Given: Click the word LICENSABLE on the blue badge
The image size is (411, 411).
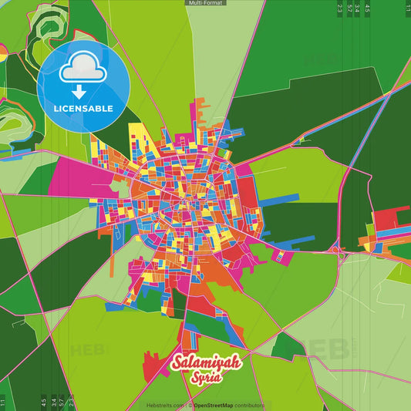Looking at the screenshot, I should click(x=83, y=109).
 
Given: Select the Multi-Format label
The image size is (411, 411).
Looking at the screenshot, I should click(x=205, y=3).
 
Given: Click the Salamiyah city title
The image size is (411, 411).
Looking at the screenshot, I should click(x=206, y=362).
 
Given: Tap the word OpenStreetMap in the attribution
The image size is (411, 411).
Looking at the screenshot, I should click(x=218, y=405).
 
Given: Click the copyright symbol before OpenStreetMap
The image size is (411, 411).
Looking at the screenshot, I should click(x=190, y=405).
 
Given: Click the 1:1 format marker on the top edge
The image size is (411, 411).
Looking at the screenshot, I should click(x=406, y=8).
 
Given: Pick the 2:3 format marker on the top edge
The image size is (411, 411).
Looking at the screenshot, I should click(x=339, y=8).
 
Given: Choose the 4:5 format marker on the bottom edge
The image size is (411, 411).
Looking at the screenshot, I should click(x=43, y=402).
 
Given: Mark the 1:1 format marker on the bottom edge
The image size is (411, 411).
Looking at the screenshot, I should click(x=3, y=402).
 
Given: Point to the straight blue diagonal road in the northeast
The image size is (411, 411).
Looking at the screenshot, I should click(x=362, y=147).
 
